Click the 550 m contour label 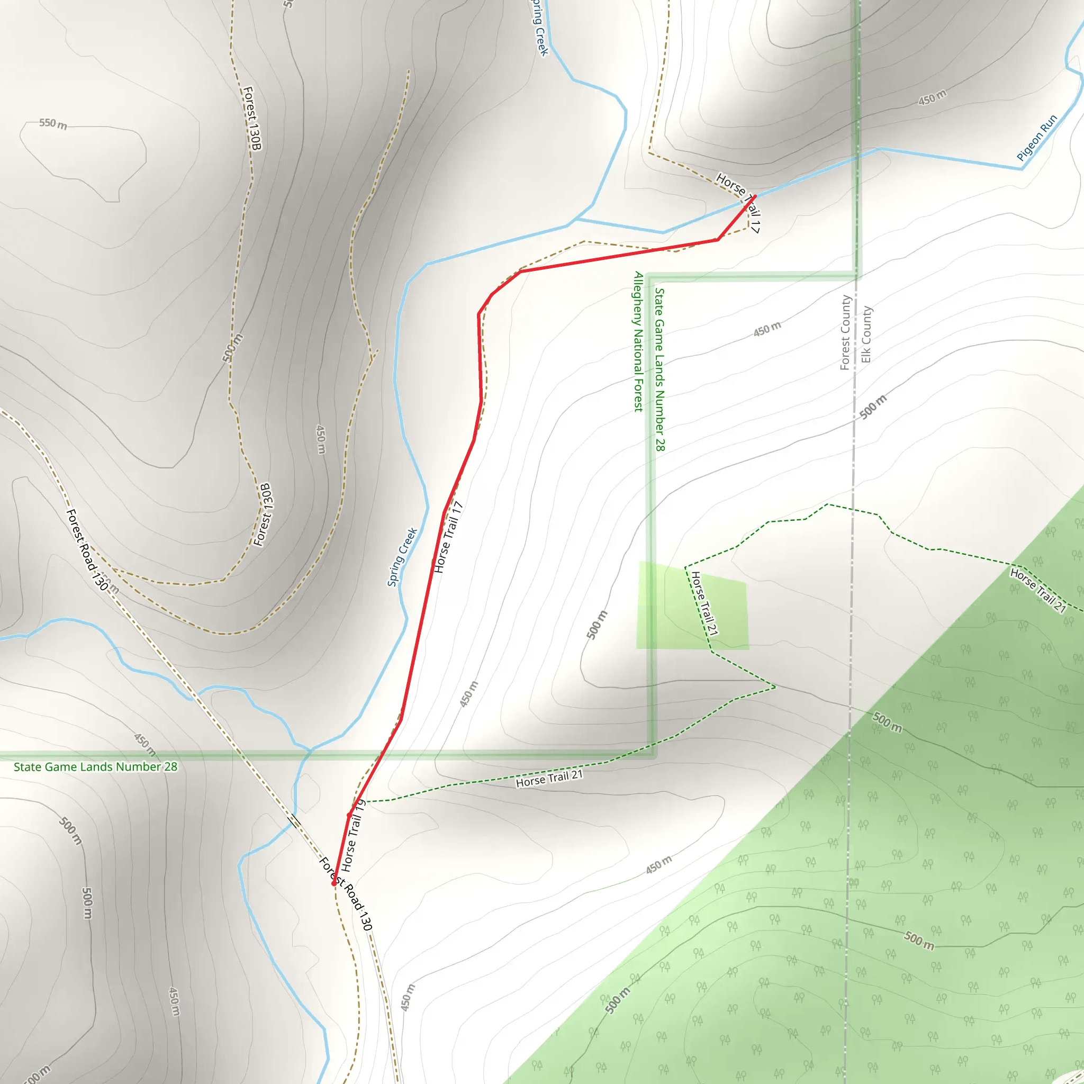53,123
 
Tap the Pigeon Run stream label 1037,138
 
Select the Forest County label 845,332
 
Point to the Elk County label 866,335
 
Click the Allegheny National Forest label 638,342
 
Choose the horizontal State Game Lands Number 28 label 95,767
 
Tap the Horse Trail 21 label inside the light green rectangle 704,603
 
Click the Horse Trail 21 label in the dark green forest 1037,590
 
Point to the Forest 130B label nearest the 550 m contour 252,118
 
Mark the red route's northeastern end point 755,196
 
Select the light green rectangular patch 692,606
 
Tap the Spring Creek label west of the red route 402,557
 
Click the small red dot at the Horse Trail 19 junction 349,815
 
